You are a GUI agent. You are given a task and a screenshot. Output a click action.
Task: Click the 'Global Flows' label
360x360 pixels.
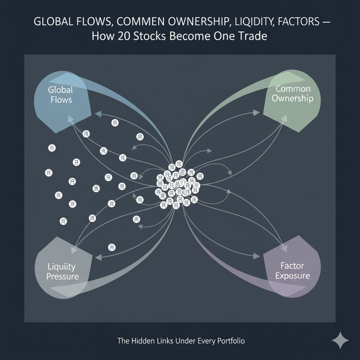pos(60,95)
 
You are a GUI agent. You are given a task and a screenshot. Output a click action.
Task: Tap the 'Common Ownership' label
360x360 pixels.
pos(293,94)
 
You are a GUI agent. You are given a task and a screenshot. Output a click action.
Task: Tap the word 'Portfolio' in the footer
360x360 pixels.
pos(227,341)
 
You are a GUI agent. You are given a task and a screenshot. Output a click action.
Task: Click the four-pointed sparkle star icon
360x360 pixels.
pos(340,340)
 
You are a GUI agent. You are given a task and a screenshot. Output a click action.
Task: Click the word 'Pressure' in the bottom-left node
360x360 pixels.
pos(63,276)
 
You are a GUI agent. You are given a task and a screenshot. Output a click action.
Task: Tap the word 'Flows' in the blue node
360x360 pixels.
pos(60,100)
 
